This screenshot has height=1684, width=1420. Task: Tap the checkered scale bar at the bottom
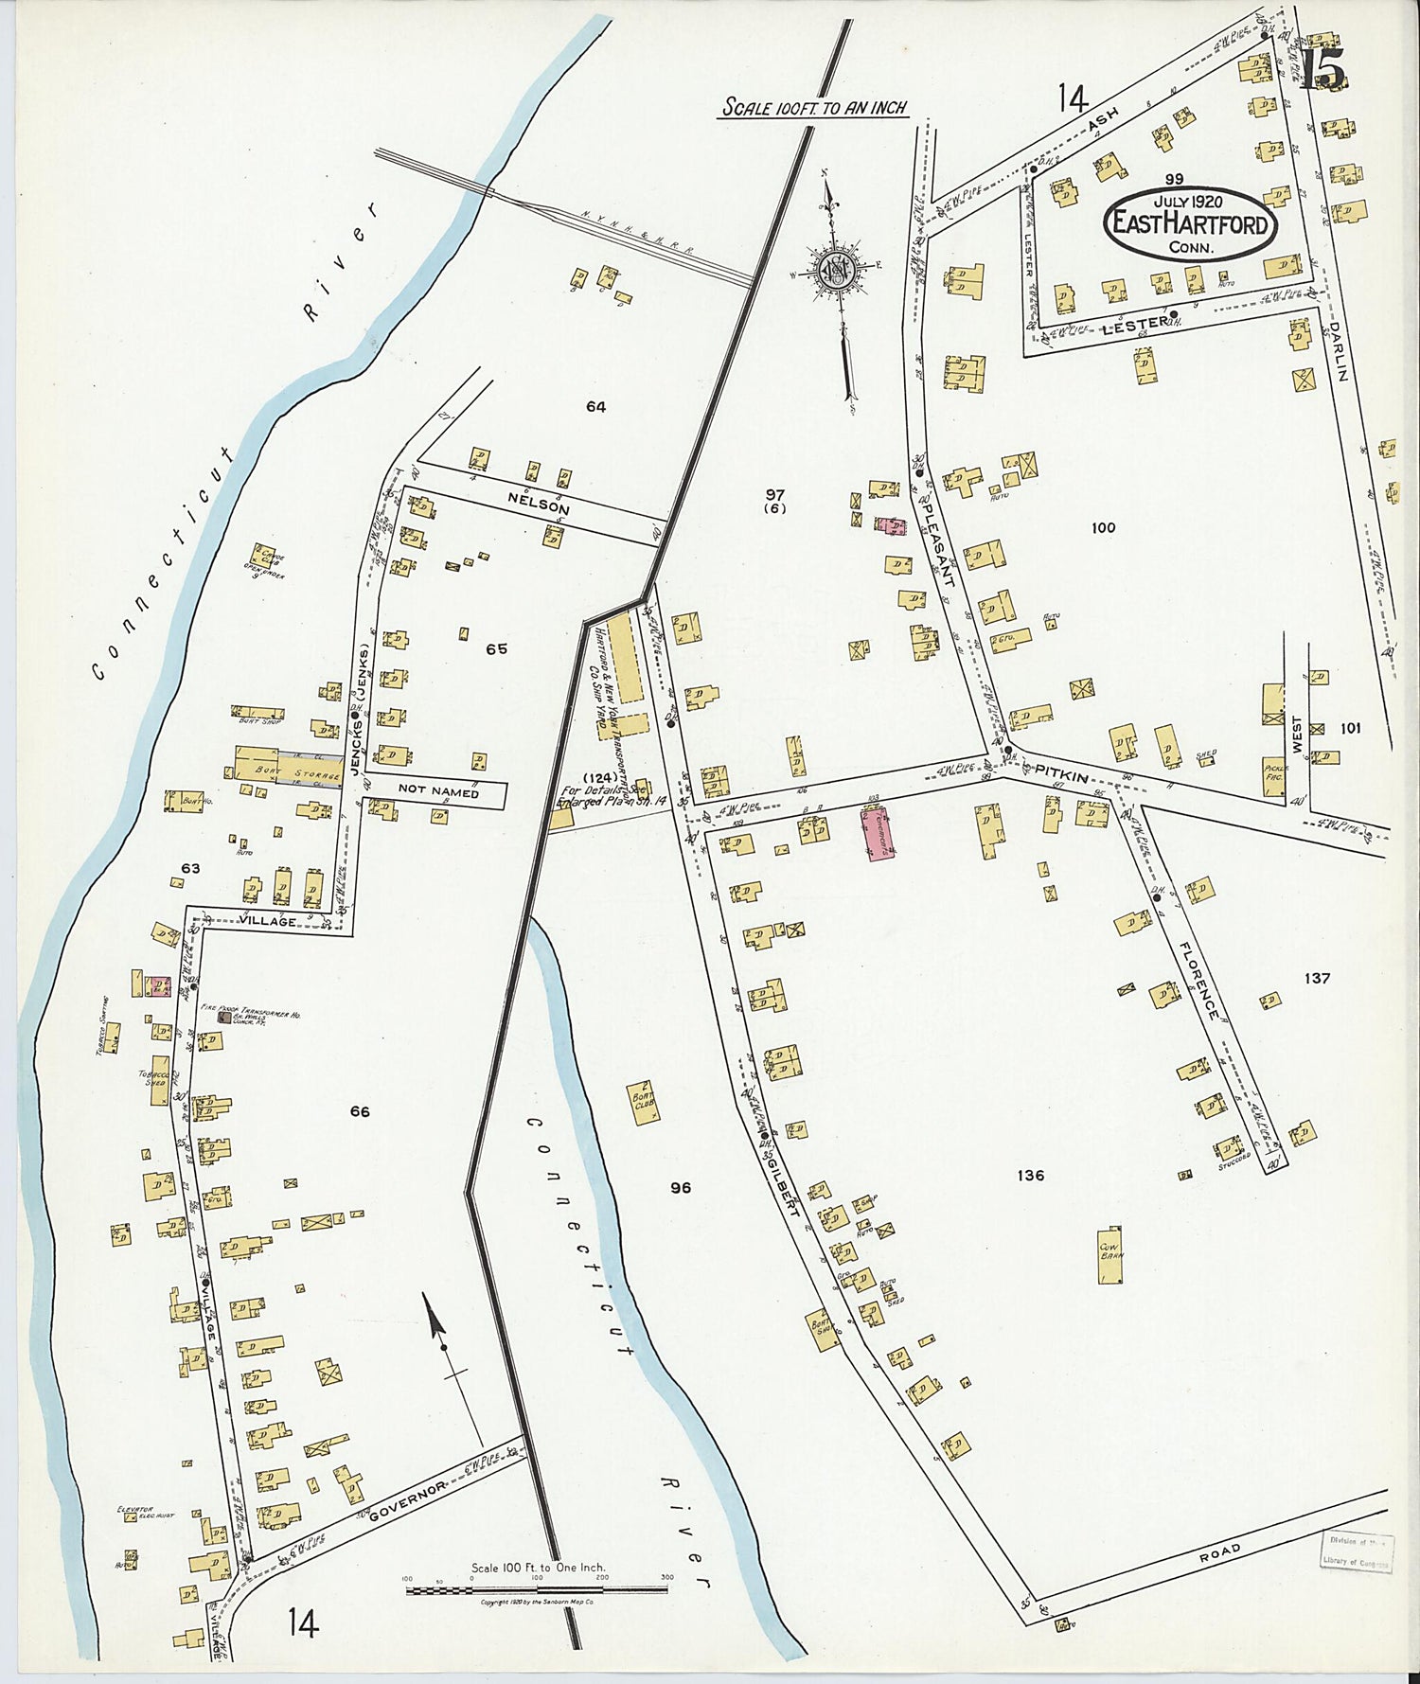537,1589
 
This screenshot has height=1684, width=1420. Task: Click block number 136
1030,1176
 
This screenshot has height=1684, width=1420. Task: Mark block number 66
360,1112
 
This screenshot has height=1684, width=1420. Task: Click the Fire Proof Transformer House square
223,1018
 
